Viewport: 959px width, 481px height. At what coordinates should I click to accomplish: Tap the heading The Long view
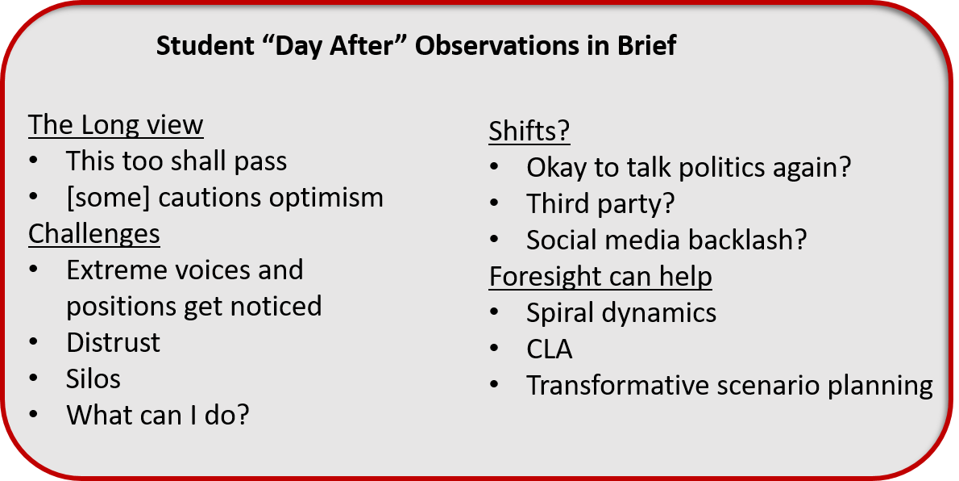tap(115, 126)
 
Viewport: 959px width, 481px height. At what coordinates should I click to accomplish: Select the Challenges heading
tap(94, 235)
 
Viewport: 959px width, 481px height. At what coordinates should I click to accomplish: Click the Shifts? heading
tap(529, 131)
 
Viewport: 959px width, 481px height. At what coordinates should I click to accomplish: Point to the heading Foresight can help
tap(600, 277)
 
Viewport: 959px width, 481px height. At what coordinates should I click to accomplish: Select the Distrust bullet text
tap(113, 343)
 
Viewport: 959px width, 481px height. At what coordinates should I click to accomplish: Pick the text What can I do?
tap(158, 416)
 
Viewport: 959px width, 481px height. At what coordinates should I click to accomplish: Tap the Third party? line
tap(600, 204)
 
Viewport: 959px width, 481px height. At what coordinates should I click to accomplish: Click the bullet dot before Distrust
tap(34, 343)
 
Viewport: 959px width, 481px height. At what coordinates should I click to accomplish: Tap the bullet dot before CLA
tap(494, 349)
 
